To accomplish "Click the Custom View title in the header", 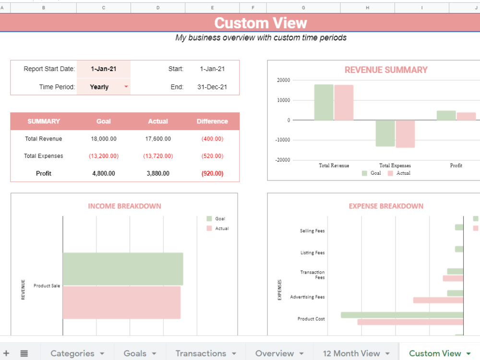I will [260, 23].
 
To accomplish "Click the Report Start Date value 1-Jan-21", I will [103, 69].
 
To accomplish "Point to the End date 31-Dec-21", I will [212, 87].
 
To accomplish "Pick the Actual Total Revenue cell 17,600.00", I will [157, 139].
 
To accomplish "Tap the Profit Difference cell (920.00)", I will [212, 173].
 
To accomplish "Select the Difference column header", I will [212, 121].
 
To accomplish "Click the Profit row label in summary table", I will [43, 173].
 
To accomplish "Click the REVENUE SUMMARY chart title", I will [385, 70].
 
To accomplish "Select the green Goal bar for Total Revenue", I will [324, 102].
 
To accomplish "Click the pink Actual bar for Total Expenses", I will [405, 134].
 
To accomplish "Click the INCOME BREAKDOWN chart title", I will [124, 206].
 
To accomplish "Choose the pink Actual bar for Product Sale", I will [121, 302].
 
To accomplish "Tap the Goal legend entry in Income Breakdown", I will [219, 219].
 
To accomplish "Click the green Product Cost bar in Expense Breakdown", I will [402, 315].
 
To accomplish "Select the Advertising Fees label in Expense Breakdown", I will [307, 297].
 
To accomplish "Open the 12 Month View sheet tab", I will [351, 353].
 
